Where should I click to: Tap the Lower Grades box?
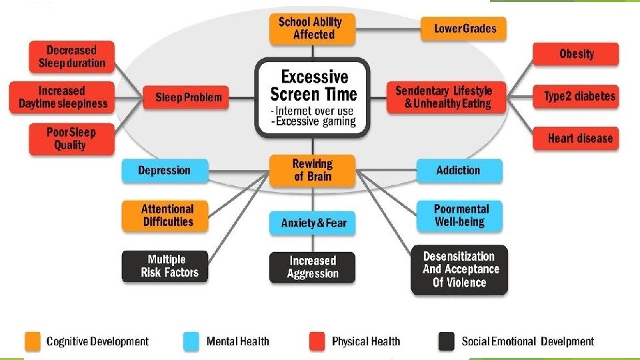click(x=465, y=28)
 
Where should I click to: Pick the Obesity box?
click(x=576, y=54)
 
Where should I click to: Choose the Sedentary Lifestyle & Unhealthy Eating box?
click(x=443, y=97)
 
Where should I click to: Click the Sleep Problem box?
click(x=187, y=97)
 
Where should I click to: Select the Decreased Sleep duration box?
click(x=71, y=57)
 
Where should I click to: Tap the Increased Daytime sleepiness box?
click(x=62, y=97)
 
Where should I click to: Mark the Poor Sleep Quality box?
click(x=71, y=139)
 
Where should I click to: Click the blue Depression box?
click(x=164, y=171)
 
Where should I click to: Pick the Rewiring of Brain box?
click(x=312, y=170)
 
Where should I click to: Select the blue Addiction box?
click(x=458, y=171)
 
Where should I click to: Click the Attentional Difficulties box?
click(x=167, y=215)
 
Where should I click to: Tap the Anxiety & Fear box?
click(x=313, y=223)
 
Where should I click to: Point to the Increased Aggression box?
click(x=312, y=267)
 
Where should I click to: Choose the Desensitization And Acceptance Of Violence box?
click(x=459, y=269)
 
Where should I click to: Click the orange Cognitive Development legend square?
click(x=33, y=341)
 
